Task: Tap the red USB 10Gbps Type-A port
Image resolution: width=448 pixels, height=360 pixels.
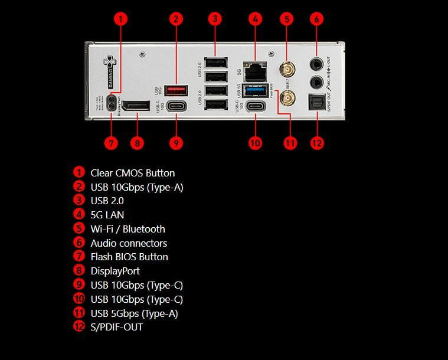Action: [176, 90]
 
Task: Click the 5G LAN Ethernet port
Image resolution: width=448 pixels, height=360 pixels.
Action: [256, 72]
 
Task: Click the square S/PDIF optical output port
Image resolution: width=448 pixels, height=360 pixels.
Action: [317, 104]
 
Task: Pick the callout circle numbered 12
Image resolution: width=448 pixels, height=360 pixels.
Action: [317, 143]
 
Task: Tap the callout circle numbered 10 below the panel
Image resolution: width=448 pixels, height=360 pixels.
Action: [255, 143]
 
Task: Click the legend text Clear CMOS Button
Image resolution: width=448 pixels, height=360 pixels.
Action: [132, 173]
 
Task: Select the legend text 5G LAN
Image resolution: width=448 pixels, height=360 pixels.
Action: [107, 215]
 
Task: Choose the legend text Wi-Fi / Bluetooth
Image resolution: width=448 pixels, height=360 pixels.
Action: [127, 229]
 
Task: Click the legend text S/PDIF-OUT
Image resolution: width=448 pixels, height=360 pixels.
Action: [116, 327]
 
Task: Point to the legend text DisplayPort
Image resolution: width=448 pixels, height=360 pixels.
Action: [115, 271]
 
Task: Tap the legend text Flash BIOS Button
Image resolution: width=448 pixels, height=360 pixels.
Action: [129, 257]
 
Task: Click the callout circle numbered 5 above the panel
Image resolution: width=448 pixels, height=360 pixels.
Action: [287, 18]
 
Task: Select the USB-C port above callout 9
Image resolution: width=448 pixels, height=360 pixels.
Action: [176, 106]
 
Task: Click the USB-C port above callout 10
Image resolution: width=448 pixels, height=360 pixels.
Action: [256, 106]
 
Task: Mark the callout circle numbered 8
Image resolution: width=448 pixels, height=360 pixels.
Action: [137, 143]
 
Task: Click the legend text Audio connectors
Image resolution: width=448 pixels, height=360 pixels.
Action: [129, 243]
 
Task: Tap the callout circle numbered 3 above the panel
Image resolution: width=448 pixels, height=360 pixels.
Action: [215, 18]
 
